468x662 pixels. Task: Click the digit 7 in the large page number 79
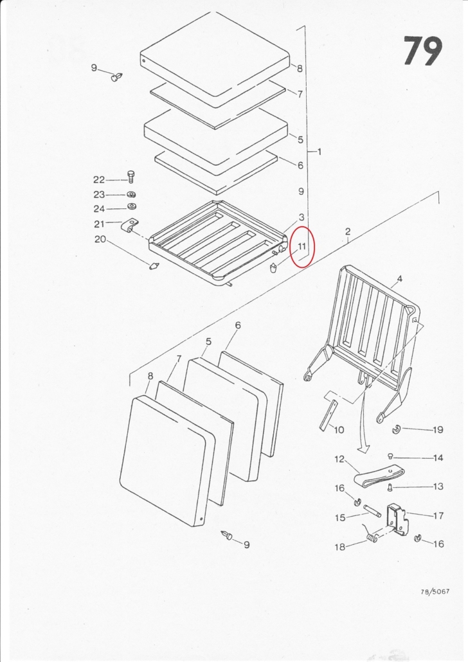414,51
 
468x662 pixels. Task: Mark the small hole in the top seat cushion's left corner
143,61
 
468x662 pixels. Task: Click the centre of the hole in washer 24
131,208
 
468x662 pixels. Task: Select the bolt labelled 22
130,177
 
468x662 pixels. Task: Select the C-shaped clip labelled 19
396,430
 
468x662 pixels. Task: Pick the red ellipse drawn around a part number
303,247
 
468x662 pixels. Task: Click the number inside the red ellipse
301,246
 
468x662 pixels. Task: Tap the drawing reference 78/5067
435,591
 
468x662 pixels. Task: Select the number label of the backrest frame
400,279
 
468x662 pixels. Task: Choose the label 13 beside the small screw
438,487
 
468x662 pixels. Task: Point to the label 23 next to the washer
99,195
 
